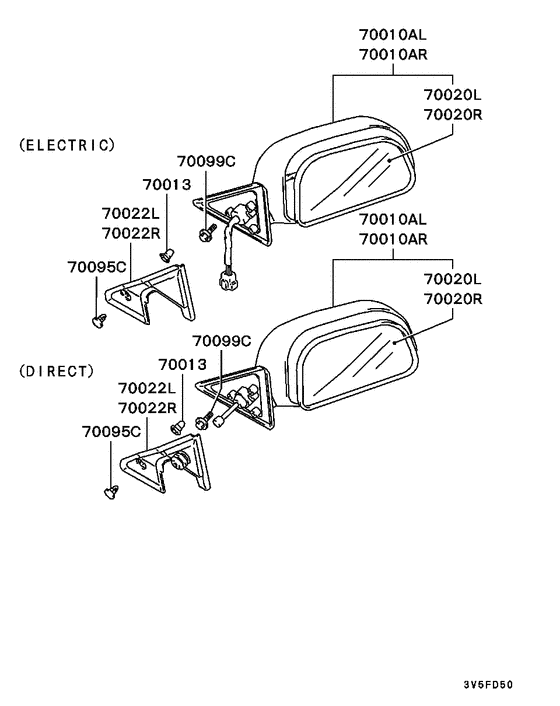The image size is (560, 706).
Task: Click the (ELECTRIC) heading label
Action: click(x=67, y=145)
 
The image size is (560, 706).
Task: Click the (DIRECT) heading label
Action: click(x=57, y=371)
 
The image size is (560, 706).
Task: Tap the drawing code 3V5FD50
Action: click(x=488, y=685)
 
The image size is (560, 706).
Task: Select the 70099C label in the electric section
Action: click(x=206, y=161)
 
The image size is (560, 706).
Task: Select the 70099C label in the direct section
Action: click(x=221, y=341)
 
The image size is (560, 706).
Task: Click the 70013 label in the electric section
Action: click(x=167, y=185)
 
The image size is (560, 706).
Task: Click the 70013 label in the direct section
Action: click(x=182, y=364)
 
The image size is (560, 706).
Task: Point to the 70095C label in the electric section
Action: click(x=97, y=267)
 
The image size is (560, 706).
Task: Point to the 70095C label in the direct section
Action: click(x=111, y=432)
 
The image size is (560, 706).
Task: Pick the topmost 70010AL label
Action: click(x=393, y=34)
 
